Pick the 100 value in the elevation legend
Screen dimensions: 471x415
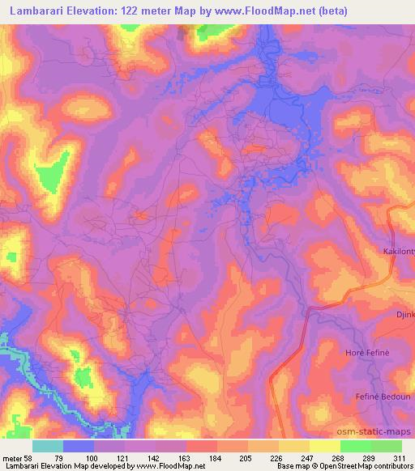point(94,458)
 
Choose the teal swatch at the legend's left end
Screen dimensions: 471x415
point(48,446)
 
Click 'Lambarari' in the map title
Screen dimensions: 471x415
point(37,12)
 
